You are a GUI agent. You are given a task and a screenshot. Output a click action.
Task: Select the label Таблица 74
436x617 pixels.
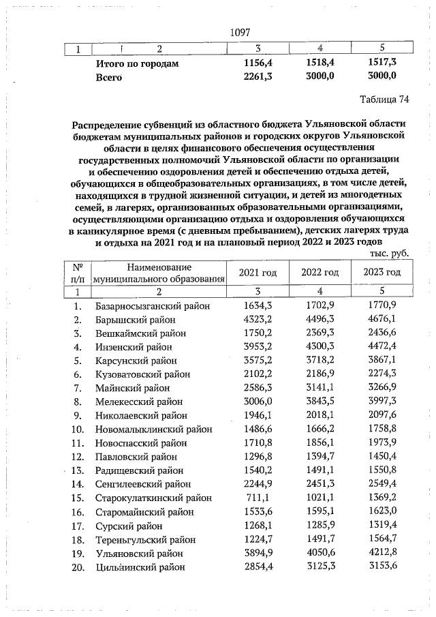point(384,100)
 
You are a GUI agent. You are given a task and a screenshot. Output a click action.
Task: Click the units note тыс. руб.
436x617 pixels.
point(389,253)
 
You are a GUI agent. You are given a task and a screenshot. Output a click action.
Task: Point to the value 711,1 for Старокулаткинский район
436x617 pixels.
point(258,500)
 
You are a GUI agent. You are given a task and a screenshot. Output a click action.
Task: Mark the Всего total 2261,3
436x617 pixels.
point(258,76)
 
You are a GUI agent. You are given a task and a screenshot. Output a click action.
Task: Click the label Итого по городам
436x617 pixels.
point(137,63)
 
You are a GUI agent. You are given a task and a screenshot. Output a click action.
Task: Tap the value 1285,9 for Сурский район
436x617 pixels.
point(320,526)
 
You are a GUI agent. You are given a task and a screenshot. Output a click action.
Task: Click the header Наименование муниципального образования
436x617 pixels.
point(159,273)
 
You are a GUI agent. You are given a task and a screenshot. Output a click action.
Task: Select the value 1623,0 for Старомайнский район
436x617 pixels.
point(381,513)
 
